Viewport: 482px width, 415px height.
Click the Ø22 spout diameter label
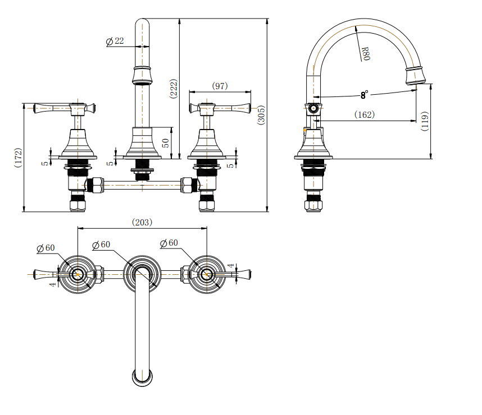[x=115, y=41]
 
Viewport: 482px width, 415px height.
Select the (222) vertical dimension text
[x=173, y=89]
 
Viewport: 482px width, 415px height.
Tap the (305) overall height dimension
[x=261, y=115]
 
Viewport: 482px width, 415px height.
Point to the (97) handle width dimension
[x=220, y=86]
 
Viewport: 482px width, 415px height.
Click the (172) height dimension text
[x=18, y=158]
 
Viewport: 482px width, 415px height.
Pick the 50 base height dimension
[x=165, y=142]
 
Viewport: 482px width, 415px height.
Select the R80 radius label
[x=365, y=54]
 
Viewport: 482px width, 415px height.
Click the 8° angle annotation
[x=365, y=94]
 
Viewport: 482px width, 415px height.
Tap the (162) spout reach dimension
[x=364, y=114]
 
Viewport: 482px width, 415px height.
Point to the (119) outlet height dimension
[x=425, y=121]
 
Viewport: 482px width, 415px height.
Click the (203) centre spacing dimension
[x=142, y=222]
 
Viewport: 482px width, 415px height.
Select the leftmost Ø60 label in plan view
[x=46, y=247]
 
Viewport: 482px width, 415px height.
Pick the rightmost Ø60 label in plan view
[x=169, y=243]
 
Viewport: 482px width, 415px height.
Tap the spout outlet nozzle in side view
[x=415, y=75]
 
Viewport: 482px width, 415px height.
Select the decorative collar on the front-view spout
[x=143, y=75]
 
